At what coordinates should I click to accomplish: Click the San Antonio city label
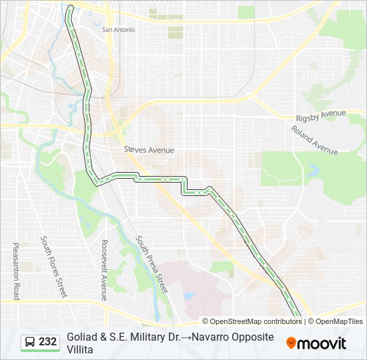(x=118, y=30)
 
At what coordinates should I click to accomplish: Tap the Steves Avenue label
(x=149, y=150)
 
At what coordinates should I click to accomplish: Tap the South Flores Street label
(x=54, y=267)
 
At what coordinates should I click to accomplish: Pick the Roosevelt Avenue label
(x=103, y=270)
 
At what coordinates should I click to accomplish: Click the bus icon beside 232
(x=31, y=342)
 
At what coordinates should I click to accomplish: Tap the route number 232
(x=47, y=342)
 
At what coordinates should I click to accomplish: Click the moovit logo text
(x=322, y=343)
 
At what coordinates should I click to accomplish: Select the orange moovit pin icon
(x=291, y=343)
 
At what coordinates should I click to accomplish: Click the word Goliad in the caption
(x=81, y=337)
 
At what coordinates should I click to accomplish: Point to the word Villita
(x=81, y=349)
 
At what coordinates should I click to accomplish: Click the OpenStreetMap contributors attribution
(x=252, y=321)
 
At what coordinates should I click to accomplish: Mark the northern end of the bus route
(x=71, y=8)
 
